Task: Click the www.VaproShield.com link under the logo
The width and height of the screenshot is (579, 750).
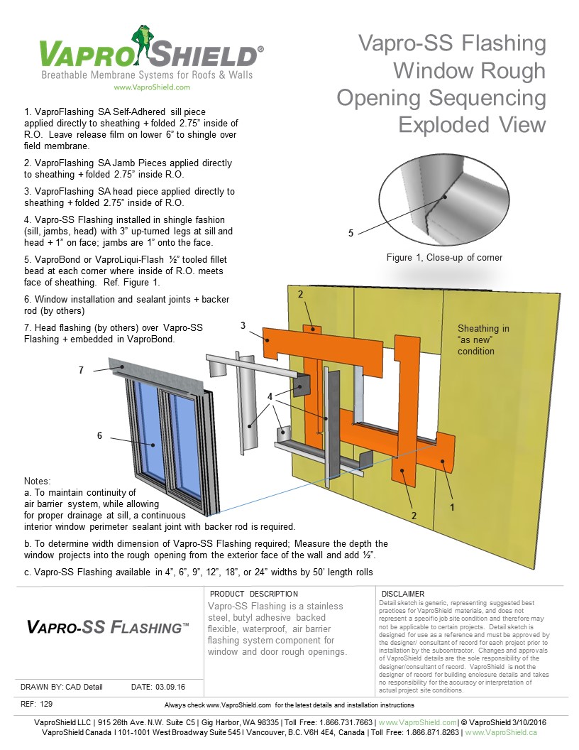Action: pos(152,87)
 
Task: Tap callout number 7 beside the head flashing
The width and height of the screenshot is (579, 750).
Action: pos(82,371)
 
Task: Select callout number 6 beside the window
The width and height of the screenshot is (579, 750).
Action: pos(99,435)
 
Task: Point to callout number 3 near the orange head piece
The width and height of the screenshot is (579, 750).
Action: pos(243,326)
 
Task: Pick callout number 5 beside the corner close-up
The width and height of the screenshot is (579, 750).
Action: pos(350,232)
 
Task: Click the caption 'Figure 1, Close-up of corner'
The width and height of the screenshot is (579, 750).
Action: pos(444,257)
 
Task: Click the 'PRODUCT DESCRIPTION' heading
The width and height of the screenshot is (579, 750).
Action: pos(254,594)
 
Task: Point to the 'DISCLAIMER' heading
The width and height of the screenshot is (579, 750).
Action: pos(403,594)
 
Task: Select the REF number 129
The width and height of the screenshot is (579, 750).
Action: pos(48,704)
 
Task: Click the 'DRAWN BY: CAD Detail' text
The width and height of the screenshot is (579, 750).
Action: pos(62,687)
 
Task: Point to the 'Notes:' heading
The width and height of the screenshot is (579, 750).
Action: pos(38,481)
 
